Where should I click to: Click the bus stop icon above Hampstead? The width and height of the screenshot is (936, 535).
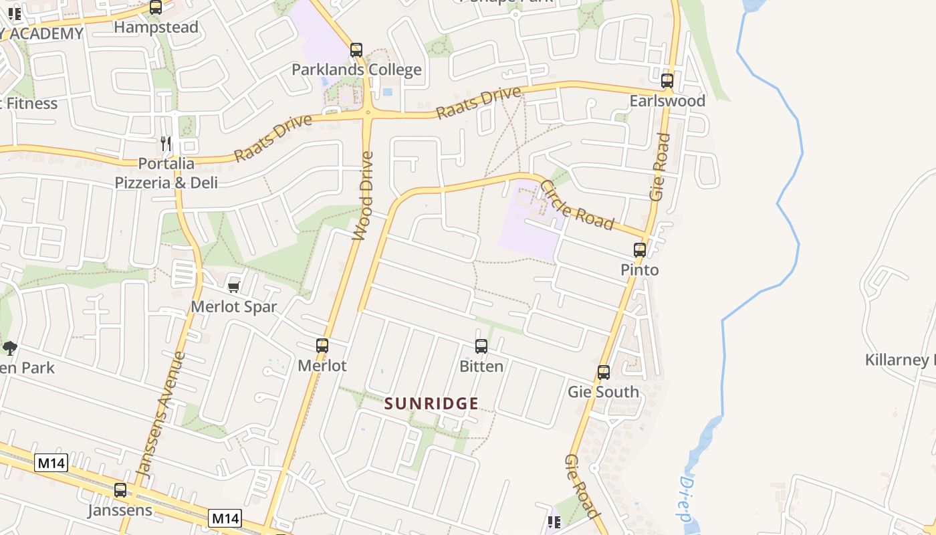(156, 7)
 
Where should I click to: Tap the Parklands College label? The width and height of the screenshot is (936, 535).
(356, 70)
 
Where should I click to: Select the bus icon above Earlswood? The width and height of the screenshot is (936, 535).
(667, 81)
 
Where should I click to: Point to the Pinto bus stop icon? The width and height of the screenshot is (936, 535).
(640, 250)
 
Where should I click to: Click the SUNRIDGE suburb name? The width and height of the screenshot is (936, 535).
(431, 403)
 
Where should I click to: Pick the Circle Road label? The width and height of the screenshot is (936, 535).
(577, 205)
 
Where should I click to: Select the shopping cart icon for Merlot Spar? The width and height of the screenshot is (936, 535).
(233, 286)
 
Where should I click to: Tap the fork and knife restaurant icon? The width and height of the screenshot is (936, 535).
(166, 143)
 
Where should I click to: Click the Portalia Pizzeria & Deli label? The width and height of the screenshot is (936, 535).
(166, 173)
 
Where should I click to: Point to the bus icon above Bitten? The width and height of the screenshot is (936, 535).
(481, 346)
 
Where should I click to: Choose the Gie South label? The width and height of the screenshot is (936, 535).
(603, 392)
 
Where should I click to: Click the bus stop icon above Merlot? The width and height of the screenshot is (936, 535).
(322, 346)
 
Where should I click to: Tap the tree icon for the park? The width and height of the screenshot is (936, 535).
(9, 347)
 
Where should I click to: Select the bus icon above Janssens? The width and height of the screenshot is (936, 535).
(120, 490)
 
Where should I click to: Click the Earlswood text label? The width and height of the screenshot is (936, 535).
(667, 101)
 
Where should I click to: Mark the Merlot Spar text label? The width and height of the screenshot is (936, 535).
(233, 307)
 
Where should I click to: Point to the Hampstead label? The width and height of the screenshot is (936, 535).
(156, 27)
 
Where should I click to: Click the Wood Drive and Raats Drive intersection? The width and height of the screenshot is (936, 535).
(368, 114)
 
